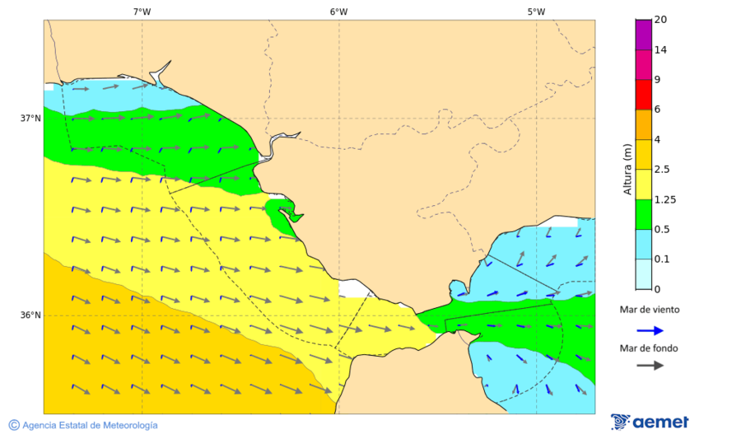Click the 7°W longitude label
pos(142,12)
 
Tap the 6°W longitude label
pos(338,12)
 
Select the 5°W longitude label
pos(536,12)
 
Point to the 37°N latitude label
pos(30,118)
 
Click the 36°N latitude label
pos(30,315)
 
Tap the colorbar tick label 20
pos(660,20)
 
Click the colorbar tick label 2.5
pos(663,170)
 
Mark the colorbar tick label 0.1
pos(662,259)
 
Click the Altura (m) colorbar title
pos(627,170)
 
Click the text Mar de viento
pos(650,310)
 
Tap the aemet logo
pos(650,422)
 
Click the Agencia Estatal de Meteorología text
pos(90,425)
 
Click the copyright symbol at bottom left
pos(14,425)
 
